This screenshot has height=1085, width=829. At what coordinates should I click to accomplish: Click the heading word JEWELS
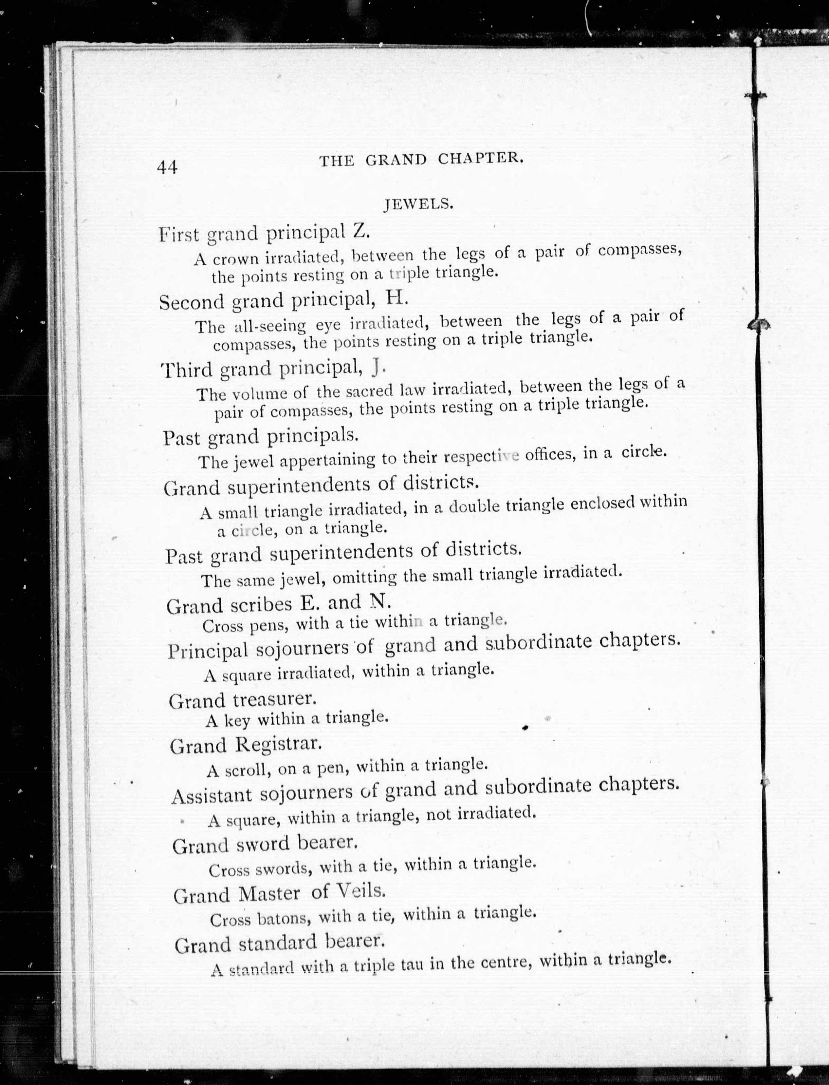(x=418, y=204)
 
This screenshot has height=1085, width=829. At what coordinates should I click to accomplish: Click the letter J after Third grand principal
(x=378, y=365)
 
